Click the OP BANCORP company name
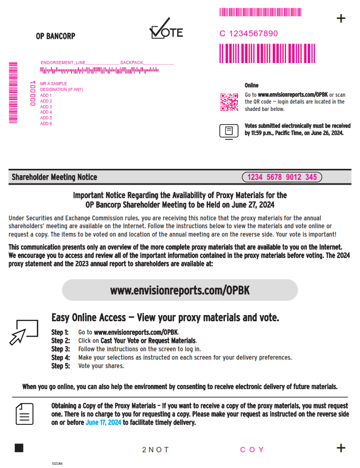click(x=55, y=36)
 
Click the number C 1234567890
click(x=249, y=34)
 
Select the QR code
click(x=229, y=103)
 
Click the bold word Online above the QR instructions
click(x=252, y=85)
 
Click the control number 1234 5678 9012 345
click(x=282, y=177)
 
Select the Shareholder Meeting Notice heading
click(x=55, y=177)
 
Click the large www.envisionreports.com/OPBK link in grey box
click(x=180, y=290)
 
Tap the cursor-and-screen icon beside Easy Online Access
click(x=24, y=332)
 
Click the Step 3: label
click(x=60, y=349)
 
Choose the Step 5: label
click(x=60, y=366)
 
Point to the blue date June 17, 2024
click(x=104, y=422)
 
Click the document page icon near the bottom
click(x=24, y=414)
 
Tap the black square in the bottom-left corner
click(x=19, y=448)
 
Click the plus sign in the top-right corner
click(x=341, y=19)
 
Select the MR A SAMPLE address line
click(x=54, y=84)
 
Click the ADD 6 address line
click(x=46, y=124)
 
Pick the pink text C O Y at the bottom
click(x=252, y=450)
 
